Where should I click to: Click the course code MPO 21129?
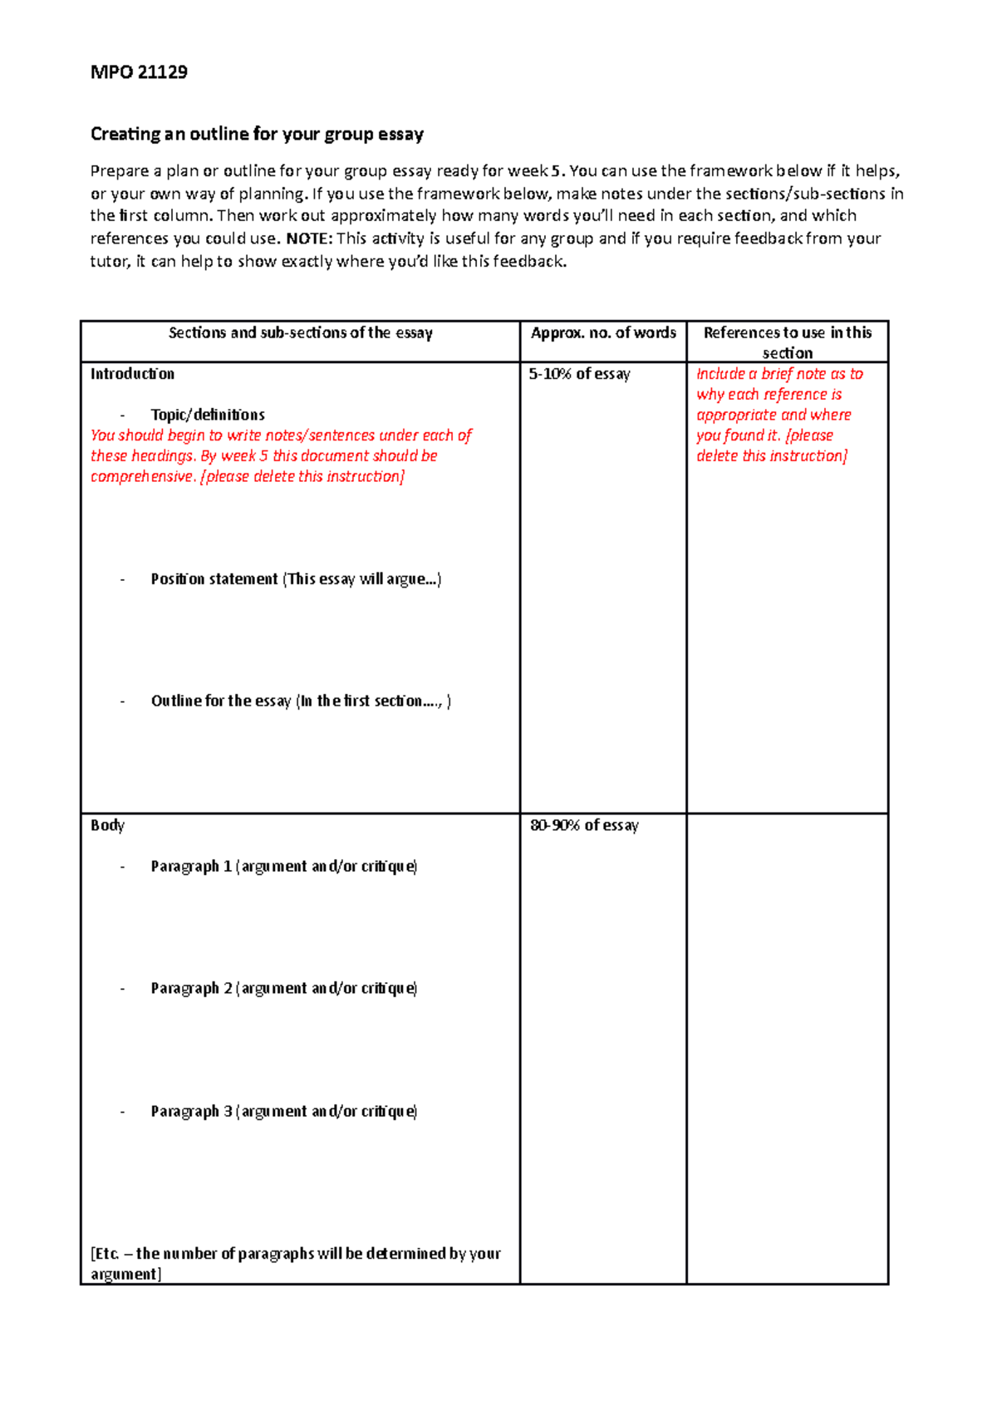click(139, 72)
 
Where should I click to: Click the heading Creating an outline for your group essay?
click(257, 134)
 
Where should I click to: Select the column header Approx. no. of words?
click(603, 333)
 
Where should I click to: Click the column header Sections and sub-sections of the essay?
click(300, 333)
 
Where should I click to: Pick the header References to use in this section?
click(787, 342)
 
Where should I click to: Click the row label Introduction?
click(132, 374)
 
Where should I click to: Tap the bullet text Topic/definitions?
click(208, 415)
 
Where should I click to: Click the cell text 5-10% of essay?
click(579, 374)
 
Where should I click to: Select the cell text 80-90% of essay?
click(584, 825)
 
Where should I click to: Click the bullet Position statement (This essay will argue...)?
click(296, 579)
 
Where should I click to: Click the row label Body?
click(107, 825)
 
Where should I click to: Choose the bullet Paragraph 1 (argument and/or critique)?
click(283, 867)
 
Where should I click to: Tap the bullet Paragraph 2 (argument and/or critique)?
click(283, 989)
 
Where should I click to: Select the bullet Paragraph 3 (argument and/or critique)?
click(283, 1112)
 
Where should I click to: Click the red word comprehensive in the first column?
click(142, 477)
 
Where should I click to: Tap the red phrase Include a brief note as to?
click(779, 374)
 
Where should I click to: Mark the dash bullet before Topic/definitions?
click(123, 415)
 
